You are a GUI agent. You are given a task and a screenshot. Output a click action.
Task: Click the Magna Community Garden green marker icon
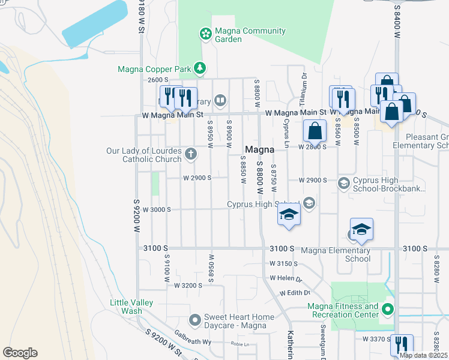(x=205, y=33)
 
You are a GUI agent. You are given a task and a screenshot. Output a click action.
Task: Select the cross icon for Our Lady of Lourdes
(x=191, y=154)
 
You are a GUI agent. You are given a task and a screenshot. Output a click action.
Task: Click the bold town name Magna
(x=260, y=149)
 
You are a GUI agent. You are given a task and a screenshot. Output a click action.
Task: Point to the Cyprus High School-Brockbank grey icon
(x=344, y=183)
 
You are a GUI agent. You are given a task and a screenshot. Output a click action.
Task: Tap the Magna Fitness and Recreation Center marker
(x=388, y=310)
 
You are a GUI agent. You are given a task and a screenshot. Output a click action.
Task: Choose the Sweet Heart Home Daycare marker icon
(x=194, y=319)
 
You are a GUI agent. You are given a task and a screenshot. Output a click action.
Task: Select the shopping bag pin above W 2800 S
(x=315, y=131)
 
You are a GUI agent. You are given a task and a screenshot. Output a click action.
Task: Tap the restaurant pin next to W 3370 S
(x=401, y=344)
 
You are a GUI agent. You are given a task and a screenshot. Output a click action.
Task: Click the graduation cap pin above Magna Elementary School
(x=361, y=229)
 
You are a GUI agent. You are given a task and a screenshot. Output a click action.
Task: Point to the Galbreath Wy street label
(x=193, y=341)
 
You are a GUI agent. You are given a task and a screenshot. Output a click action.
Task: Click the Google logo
(x=20, y=353)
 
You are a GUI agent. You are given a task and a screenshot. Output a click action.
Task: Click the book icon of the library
(x=220, y=100)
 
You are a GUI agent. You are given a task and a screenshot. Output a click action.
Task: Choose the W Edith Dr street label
(x=295, y=293)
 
